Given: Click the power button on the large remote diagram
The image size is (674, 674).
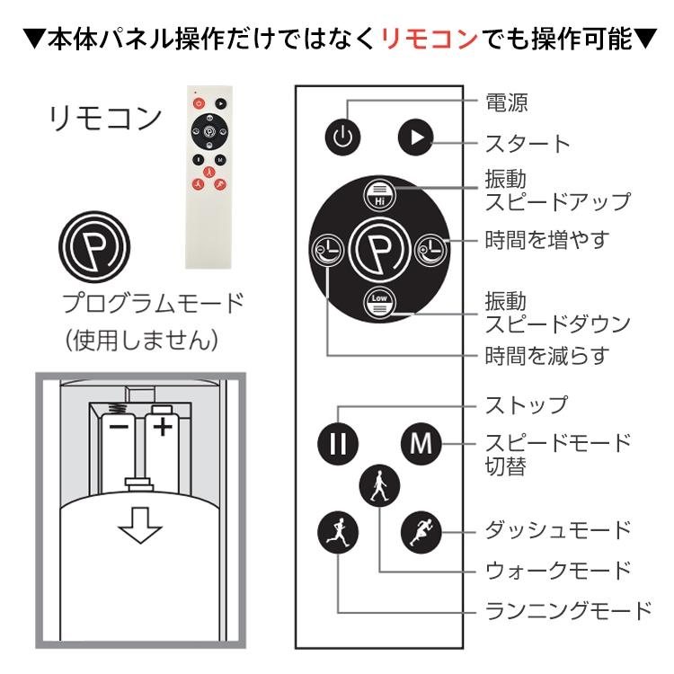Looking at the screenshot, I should [x=342, y=137].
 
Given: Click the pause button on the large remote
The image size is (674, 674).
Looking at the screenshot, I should [x=338, y=442].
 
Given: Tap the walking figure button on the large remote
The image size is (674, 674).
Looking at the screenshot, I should [x=378, y=485].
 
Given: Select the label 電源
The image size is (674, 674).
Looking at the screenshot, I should [x=506, y=102].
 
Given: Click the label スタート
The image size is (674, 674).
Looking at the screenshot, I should [x=528, y=143].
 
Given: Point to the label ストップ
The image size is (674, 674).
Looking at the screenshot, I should [x=527, y=404].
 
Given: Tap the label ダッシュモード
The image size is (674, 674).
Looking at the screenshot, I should [x=558, y=528].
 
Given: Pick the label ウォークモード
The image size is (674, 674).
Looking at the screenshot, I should [x=558, y=570].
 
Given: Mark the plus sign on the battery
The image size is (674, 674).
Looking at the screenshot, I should [x=162, y=425].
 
